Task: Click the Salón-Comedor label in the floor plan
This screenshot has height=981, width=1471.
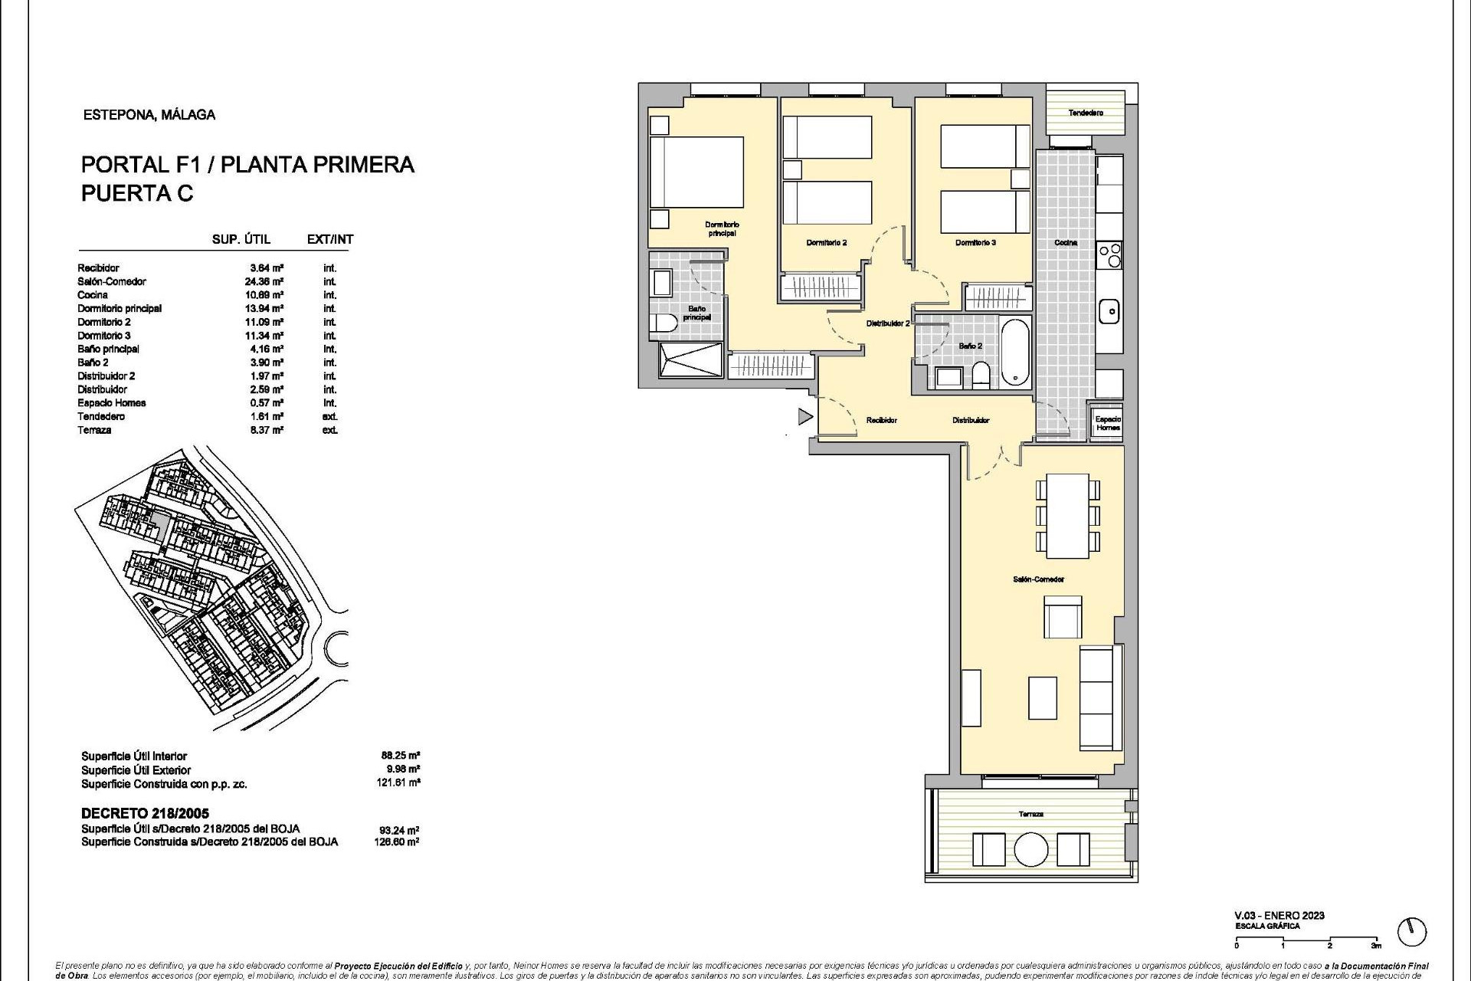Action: pyautogui.click(x=1038, y=579)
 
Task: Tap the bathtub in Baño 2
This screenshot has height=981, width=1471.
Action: pyautogui.click(x=1015, y=352)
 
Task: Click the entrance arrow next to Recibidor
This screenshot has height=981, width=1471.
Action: pyautogui.click(x=804, y=417)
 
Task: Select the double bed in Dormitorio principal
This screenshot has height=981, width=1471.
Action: pyautogui.click(x=696, y=172)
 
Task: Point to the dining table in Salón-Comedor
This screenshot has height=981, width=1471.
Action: pyautogui.click(x=1067, y=516)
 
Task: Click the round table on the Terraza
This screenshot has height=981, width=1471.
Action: pyautogui.click(x=1030, y=849)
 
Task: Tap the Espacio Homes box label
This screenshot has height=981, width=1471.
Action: pyautogui.click(x=1107, y=423)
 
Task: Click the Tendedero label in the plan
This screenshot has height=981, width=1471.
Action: pyautogui.click(x=1086, y=113)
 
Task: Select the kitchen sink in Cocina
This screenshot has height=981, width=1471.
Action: pyautogui.click(x=1109, y=311)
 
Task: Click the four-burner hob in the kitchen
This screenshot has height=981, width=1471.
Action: pyautogui.click(x=1109, y=254)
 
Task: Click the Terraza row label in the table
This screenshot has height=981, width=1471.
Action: pyautogui.click(x=94, y=430)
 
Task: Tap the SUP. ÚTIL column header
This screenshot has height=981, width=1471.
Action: pyautogui.click(x=241, y=239)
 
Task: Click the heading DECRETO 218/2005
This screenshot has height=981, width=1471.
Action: pyautogui.click(x=145, y=813)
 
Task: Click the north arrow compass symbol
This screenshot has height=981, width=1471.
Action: pyautogui.click(x=1411, y=932)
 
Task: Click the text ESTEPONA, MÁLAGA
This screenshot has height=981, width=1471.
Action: pyautogui.click(x=149, y=115)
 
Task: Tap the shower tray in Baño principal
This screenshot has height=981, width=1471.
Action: pyautogui.click(x=690, y=359)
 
